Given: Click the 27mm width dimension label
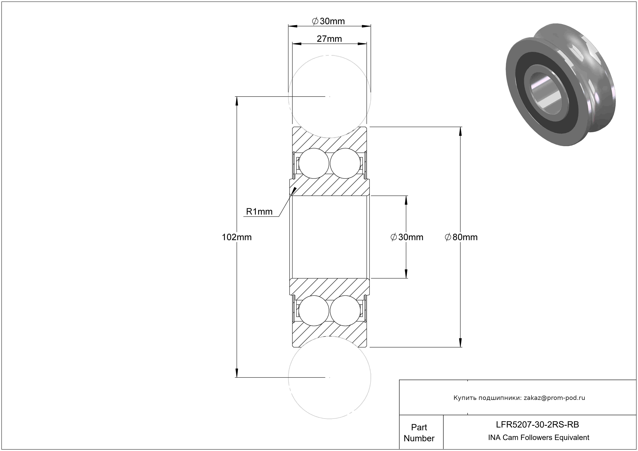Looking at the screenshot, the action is click(x=329, y=39).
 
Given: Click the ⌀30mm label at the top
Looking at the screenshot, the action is click(x=328, y=21).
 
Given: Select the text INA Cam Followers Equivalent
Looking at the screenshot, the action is click(x=538, y=437).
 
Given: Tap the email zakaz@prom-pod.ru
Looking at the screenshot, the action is click(x=554, y=398).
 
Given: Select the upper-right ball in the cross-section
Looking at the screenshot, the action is click(x=345, y=163).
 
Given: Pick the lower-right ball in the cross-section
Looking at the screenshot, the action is click(x=345, y=310).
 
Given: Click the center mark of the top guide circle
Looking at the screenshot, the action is click(x=330, y=97).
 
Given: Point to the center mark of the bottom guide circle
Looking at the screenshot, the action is click(x=330, y=377).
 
